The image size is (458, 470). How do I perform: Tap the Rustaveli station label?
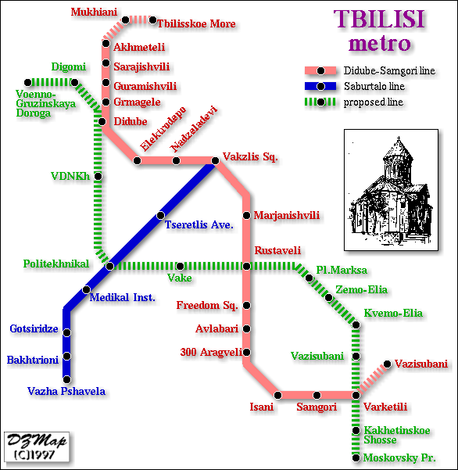click(x=277, y=251)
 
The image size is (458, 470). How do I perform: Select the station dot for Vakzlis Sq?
click(x=215, y=161)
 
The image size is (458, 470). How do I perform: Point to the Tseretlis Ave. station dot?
click(x=160, y=215)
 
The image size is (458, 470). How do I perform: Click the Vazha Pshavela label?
click(x=66, y=392)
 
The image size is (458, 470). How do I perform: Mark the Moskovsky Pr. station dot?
click(x=356, y=457)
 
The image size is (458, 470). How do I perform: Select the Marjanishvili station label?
click(x=287, y=216)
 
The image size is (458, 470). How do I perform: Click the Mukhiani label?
click(x=92, y=13)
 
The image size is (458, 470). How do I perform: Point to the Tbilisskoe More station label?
click(x=196, y=24)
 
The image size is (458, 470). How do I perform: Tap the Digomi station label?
click(x=69, y=67)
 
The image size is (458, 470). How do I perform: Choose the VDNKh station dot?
click(x=98, y=176)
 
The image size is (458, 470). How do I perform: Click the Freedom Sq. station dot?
click(x=246, y=305)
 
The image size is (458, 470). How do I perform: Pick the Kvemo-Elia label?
click(x=393, y=314)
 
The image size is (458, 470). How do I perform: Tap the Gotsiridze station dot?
click(x=67, y=332)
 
